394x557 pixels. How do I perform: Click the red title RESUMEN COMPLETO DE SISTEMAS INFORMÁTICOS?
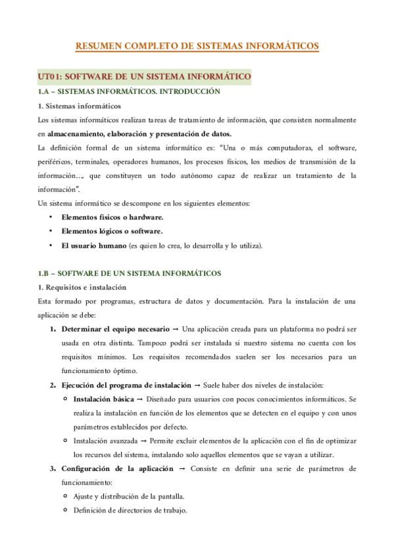tap(197, 46)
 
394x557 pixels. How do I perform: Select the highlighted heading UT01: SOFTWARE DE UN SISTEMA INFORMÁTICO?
tap(144, 78)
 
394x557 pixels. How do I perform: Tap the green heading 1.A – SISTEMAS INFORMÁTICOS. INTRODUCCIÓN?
tap(129, 93)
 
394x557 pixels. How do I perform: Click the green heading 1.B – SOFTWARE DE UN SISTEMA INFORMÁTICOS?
tap(130, 273)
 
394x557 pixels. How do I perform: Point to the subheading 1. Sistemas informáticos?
tap(80, 107)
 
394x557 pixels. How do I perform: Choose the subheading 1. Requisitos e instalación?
tap(82, 287)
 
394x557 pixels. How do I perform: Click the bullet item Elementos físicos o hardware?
tap(112, 217)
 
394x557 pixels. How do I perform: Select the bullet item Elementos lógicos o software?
tap(112, 231)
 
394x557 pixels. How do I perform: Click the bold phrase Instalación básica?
tap(104, 399)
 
